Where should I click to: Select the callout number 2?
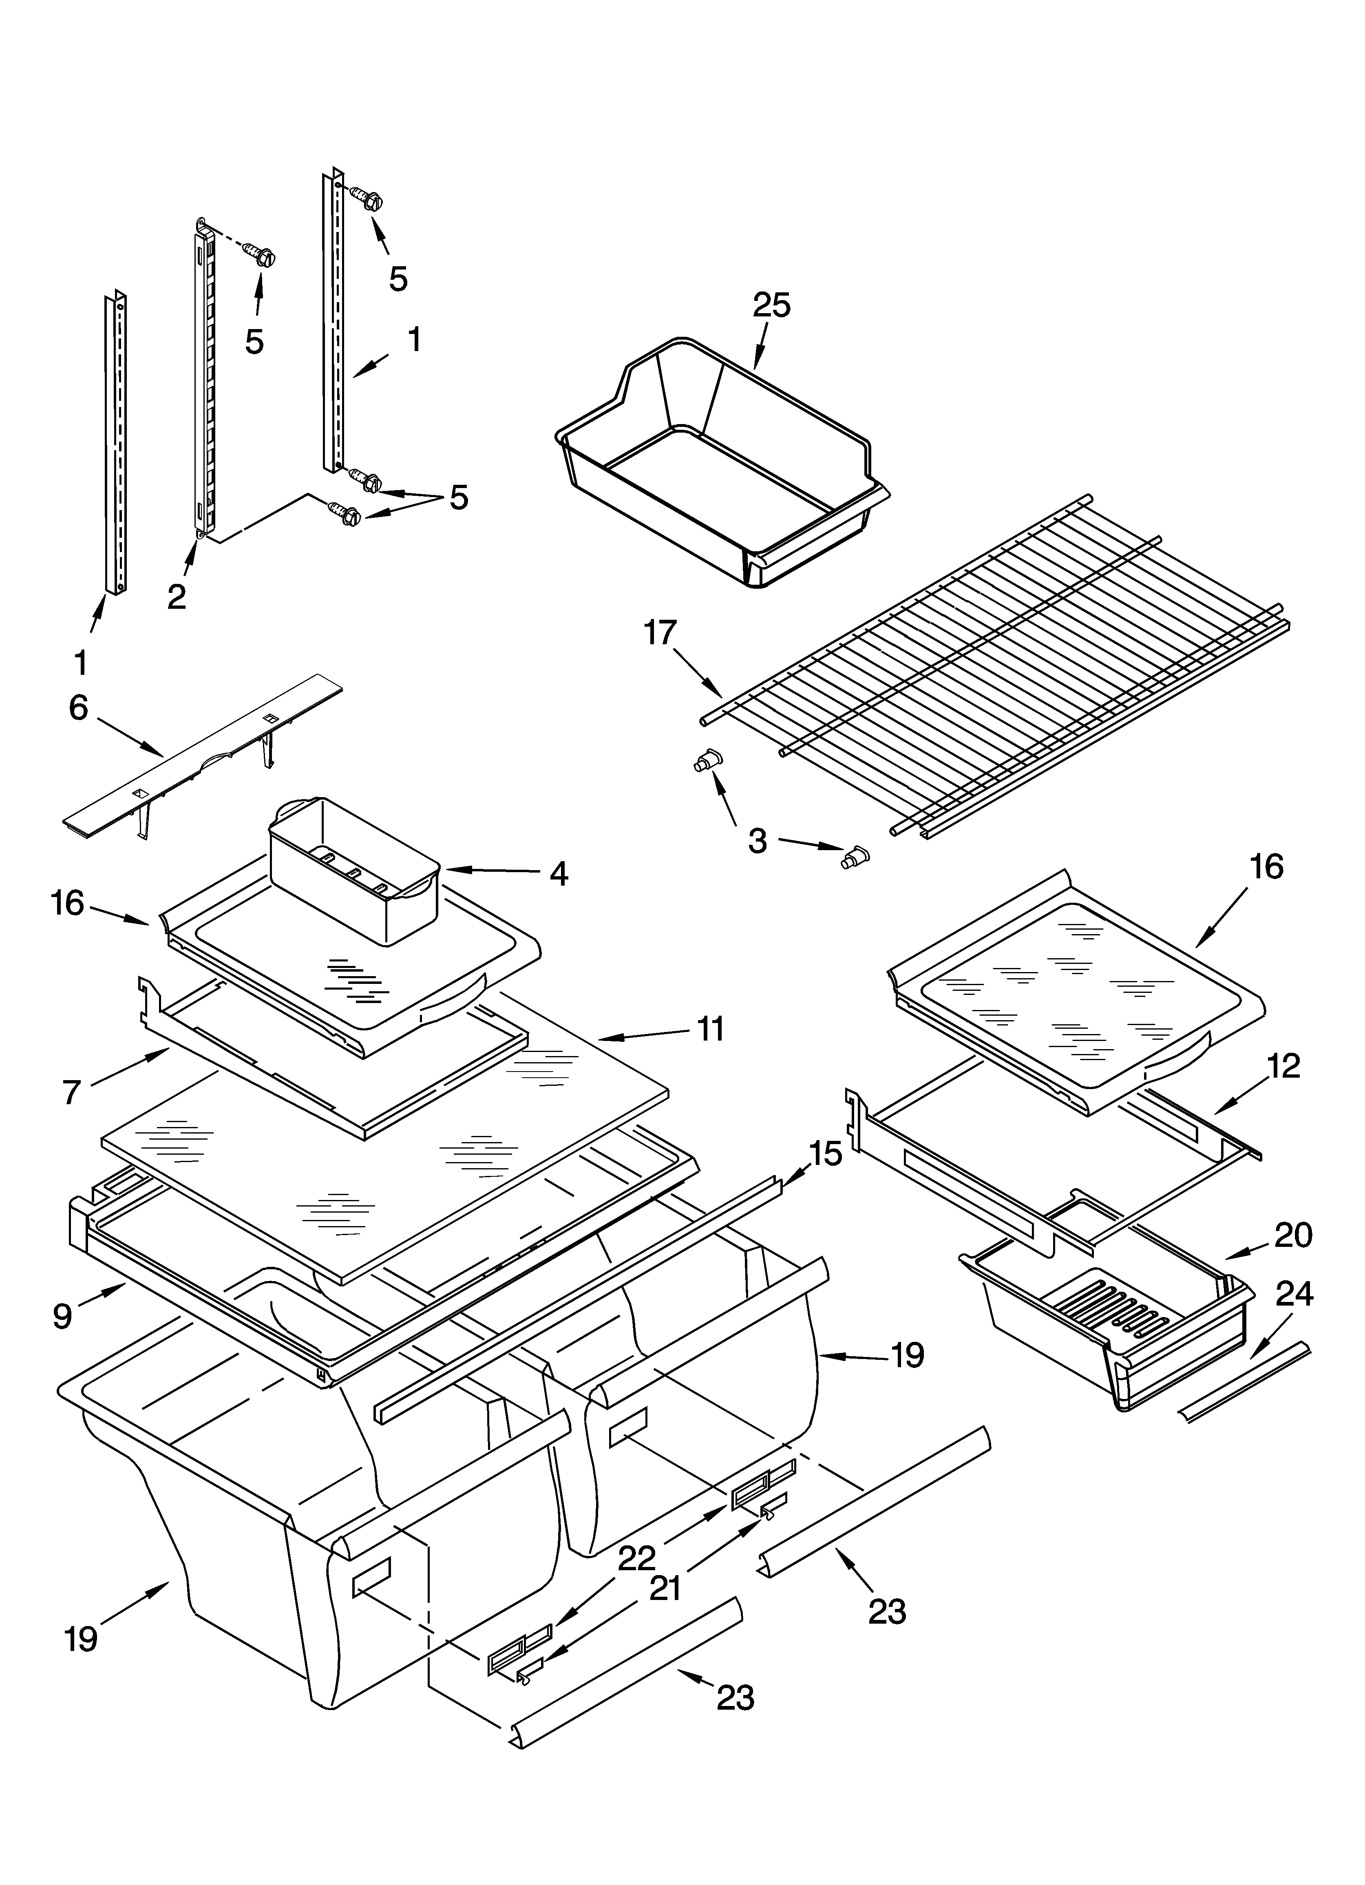tap(176, 596)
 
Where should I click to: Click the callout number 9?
tap(62, 1316)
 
